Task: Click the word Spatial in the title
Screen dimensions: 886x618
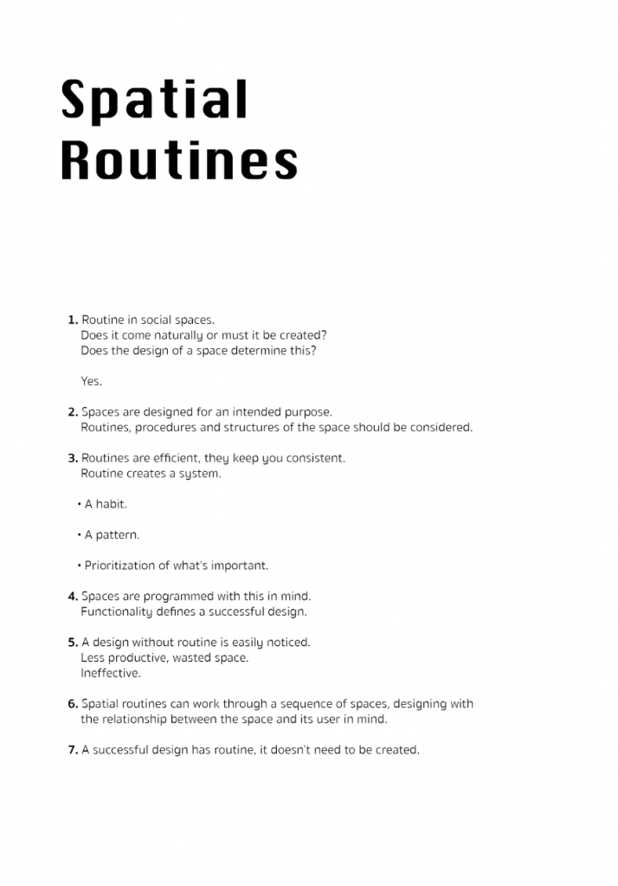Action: point(154,102)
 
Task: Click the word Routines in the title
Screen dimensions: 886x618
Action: point(179,160)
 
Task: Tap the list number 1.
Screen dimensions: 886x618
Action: point(73,320)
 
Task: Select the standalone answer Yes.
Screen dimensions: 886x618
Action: point(91,381)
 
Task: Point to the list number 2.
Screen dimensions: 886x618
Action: point(73,412)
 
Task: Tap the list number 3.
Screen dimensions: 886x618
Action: point(73,458)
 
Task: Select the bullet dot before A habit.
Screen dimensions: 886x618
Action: point(79,504)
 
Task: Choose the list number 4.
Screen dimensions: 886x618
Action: point(73,596)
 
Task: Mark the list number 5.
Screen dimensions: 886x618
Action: point(73,643)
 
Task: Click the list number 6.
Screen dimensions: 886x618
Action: point(73,704)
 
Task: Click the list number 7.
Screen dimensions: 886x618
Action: point(73,750)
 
